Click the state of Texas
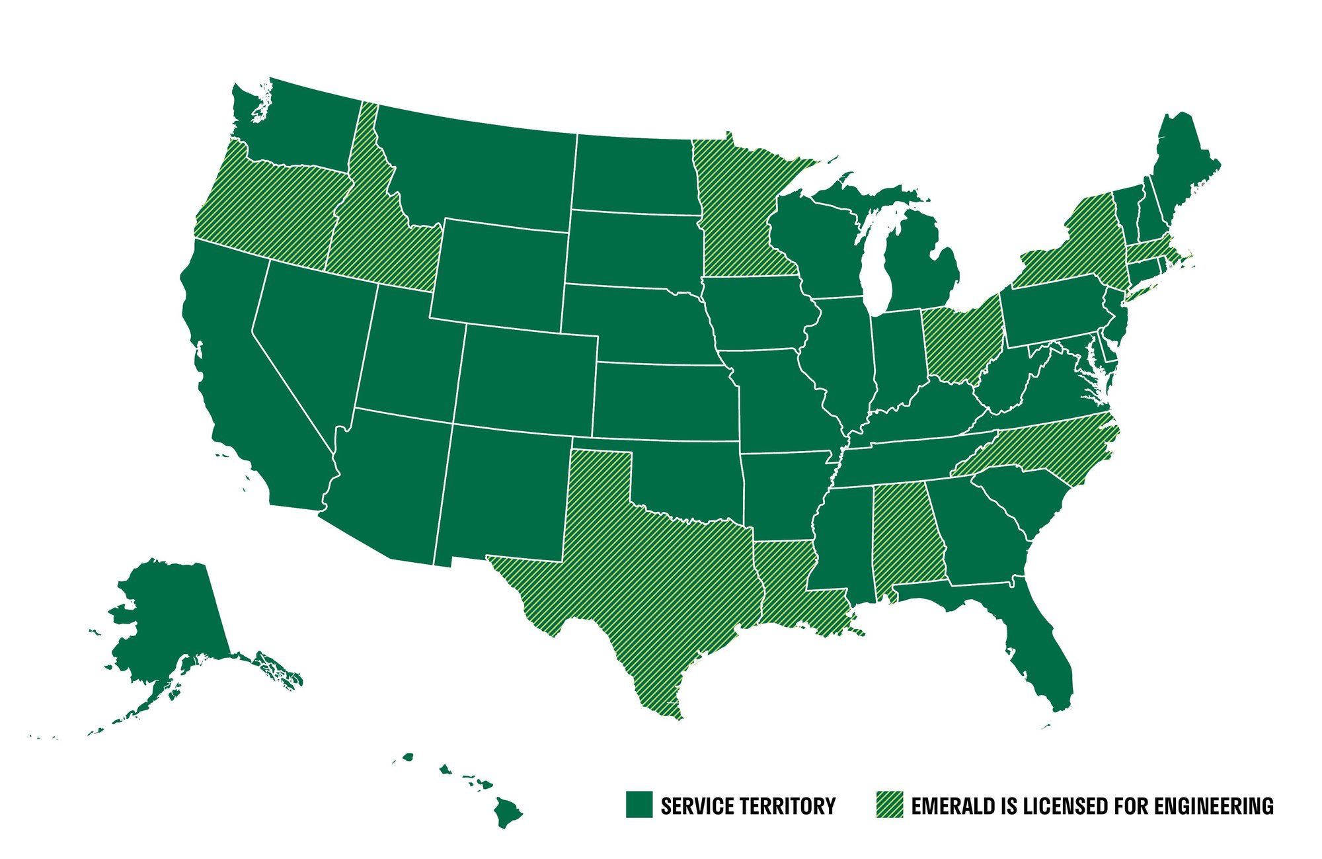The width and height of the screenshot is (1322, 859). pyautogui.click(x=648, y=582)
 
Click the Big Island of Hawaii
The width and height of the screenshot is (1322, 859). pyautogui.click(x=507, y=812)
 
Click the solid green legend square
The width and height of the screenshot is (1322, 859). pyautogui.click(x=639, y=804)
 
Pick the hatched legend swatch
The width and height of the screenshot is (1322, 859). pyautogui.click(x=889, y=804)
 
